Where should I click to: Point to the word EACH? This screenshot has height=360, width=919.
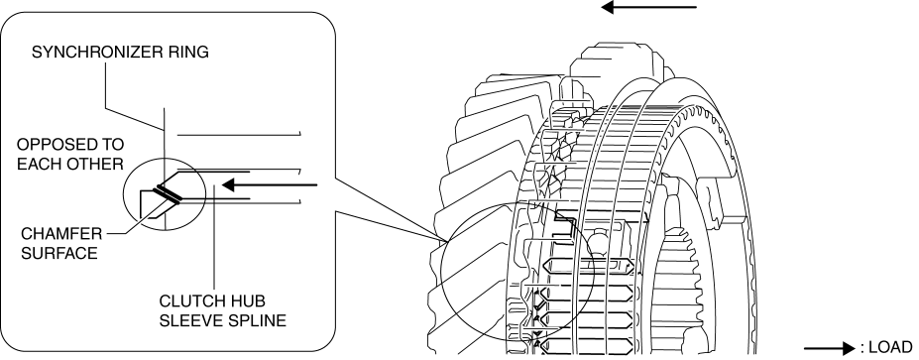(37, 165)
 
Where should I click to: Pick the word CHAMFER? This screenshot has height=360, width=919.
(61, 234)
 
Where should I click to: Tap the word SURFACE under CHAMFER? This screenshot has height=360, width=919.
(59, 254)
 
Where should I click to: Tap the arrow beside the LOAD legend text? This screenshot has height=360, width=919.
(830, 348)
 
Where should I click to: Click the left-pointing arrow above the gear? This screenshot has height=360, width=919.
(648, 8)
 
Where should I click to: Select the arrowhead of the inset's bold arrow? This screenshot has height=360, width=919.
(229, 185)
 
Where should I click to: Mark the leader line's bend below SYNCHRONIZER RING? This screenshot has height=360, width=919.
(105, 108)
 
